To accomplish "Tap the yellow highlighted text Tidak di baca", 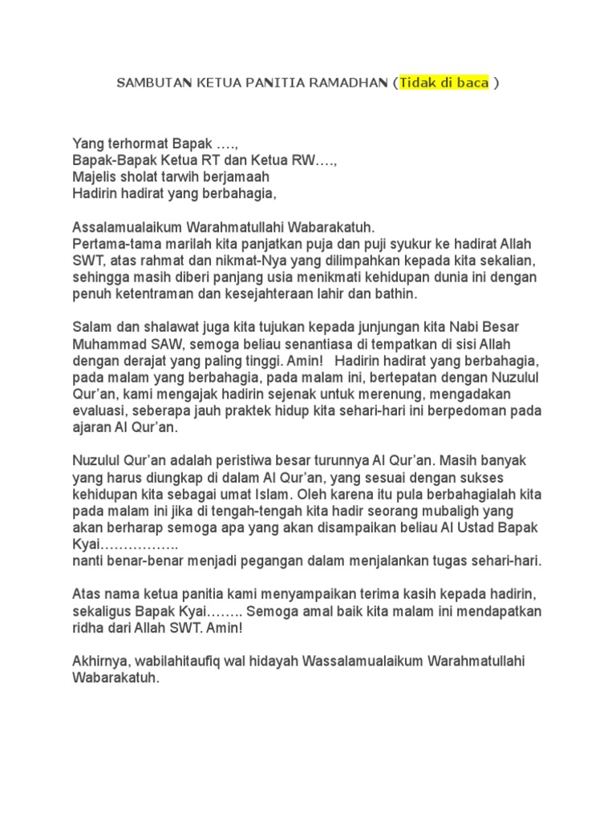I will click(x=444, y=83).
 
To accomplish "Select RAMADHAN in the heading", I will click(x=348, y=83).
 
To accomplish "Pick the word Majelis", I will click(x=94, y=176).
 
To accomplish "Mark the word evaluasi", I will click(x=99, y=410).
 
